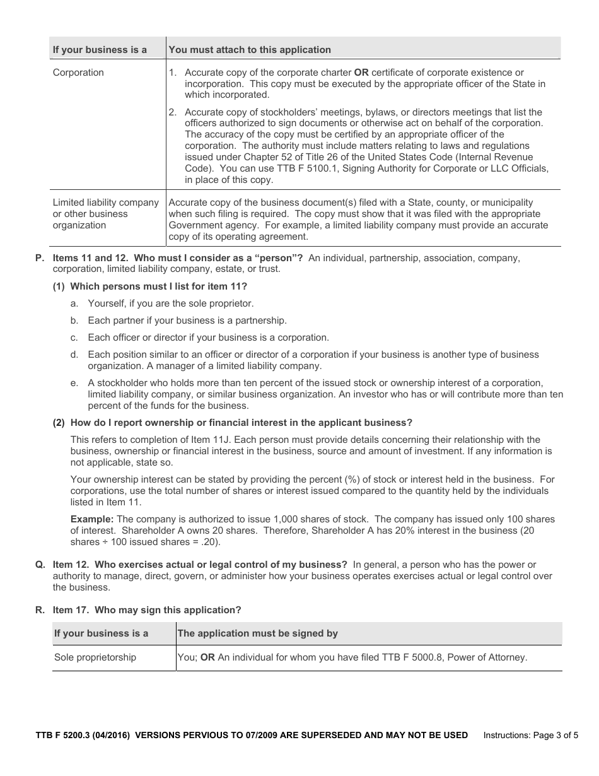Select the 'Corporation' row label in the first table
tap(78, 73)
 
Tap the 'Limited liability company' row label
tap(106, 203)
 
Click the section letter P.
tap(40, 258)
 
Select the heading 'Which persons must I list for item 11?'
tap(149, 286)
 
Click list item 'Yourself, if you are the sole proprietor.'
tap(170, 303)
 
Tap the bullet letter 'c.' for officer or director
tap(74, 338)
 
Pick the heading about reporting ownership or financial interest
tap(232, 423)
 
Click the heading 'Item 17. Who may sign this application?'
tap(146, 610)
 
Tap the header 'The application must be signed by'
tap(258, 633)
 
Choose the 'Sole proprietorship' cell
tap(95, 657)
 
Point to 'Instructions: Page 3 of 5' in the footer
tap(530, 735)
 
